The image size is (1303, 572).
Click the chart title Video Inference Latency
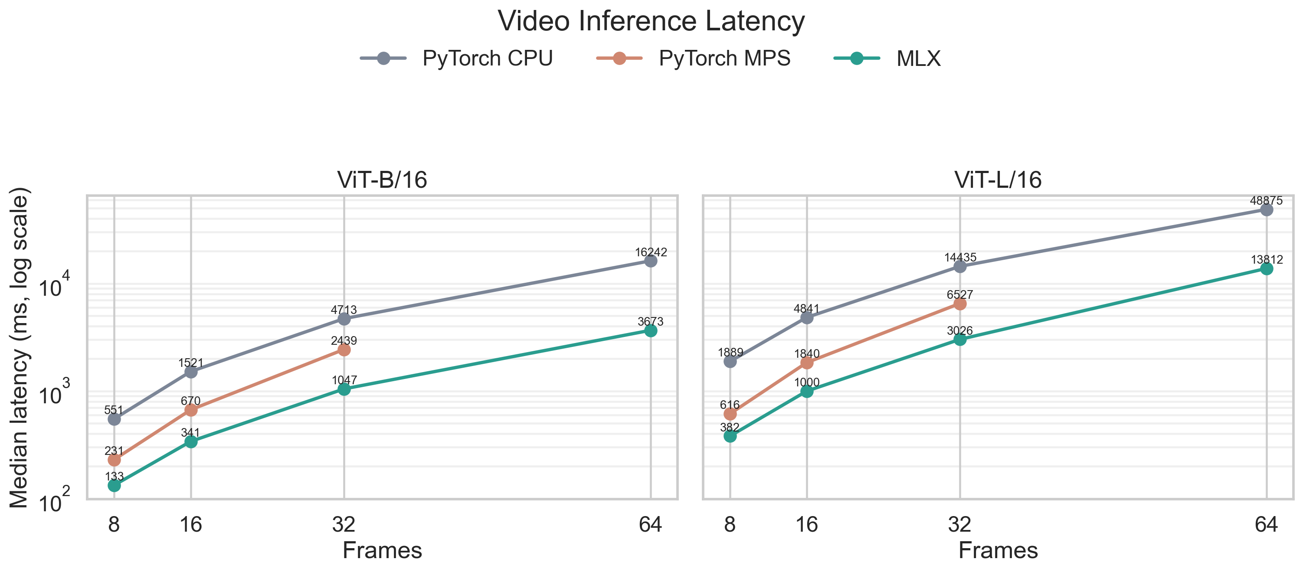pos(651,21)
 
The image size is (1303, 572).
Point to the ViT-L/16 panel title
pos(998,180)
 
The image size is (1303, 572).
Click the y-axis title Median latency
pos(19,347)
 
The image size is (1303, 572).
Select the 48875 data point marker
pos(1266,209)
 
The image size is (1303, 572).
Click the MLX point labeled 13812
pos(1266,268)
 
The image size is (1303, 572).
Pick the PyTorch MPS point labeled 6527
pos(959,304)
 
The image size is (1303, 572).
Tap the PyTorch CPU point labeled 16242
pos(651,261)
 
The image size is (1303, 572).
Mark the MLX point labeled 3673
pos(651,330)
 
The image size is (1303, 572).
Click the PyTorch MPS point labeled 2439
pos(344,350)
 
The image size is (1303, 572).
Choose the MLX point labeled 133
pos(115,486)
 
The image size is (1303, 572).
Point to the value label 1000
pos(806,382)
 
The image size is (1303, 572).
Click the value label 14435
pos(959,258)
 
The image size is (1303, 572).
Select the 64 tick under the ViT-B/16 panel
pos(651,524)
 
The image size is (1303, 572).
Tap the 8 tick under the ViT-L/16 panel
pos(730,524)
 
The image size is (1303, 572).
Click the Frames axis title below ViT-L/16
pos(998,550)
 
